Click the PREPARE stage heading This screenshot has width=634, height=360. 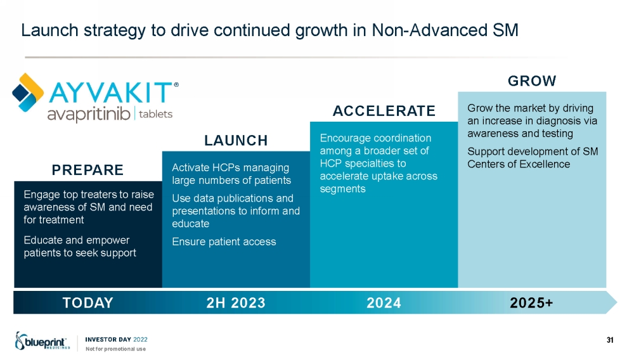point(87,170)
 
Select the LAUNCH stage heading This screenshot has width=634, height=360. point(236,141)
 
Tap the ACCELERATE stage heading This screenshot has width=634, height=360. point(384,111)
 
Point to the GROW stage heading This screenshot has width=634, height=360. point(532,80)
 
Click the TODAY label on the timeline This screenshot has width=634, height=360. point(87,302)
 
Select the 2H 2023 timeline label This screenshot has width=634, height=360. point(236,302)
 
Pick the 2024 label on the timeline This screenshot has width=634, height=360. point(384,302)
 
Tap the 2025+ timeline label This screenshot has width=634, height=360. point(531,302)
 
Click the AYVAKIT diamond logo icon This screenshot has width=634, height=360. point(27,93)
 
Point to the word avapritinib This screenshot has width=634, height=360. point(89,114)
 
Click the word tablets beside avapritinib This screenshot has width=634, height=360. point(156,114)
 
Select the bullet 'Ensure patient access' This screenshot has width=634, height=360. point(224,241)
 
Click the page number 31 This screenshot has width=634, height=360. point(610,340)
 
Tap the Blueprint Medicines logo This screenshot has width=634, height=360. point(42,341)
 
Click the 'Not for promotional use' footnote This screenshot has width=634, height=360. point(115,349)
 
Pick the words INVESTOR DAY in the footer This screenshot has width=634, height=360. point(108,339)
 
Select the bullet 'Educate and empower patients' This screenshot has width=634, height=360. point(80,247)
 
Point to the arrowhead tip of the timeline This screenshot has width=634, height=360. point(617,302)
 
